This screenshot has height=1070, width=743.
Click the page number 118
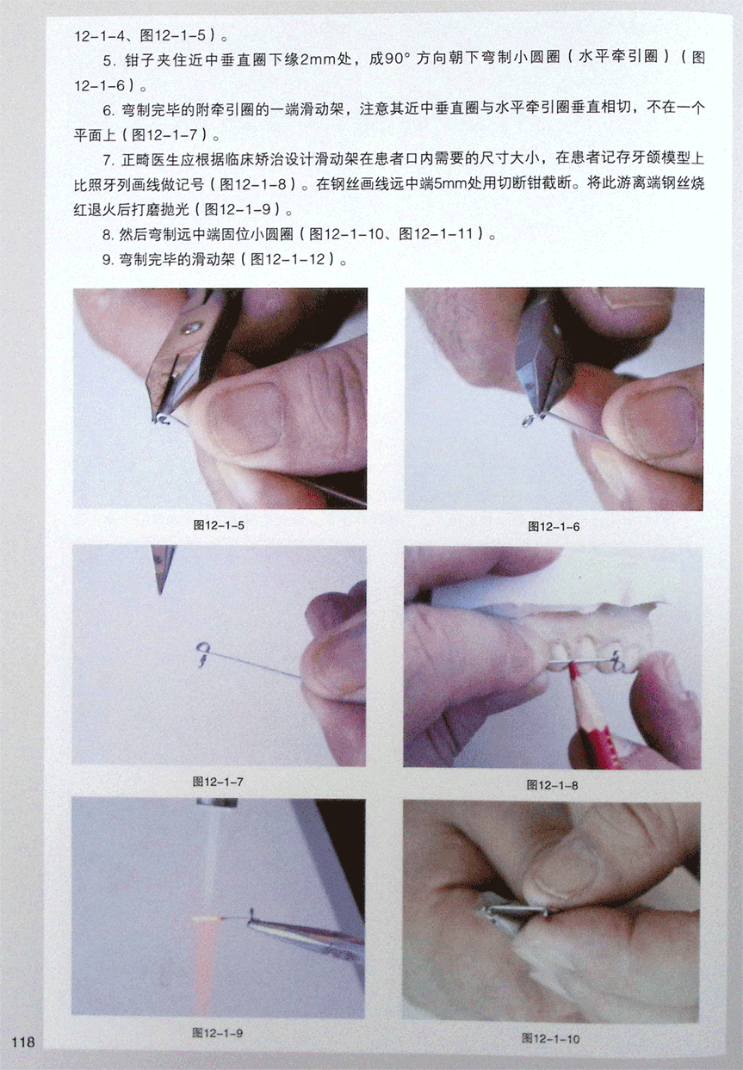pos(23,1040)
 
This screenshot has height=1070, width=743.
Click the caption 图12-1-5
pos(219,525)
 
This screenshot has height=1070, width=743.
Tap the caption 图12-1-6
pos(554,527)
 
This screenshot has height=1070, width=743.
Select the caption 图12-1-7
pos(218,782)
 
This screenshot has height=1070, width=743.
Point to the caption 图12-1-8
pos(553,785)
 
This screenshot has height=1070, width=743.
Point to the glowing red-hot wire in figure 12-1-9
pos(214,918)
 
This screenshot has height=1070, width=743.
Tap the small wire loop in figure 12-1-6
pos(529,421)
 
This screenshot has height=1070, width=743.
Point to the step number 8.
pos(108,235)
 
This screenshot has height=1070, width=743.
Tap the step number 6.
pos(108,110)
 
